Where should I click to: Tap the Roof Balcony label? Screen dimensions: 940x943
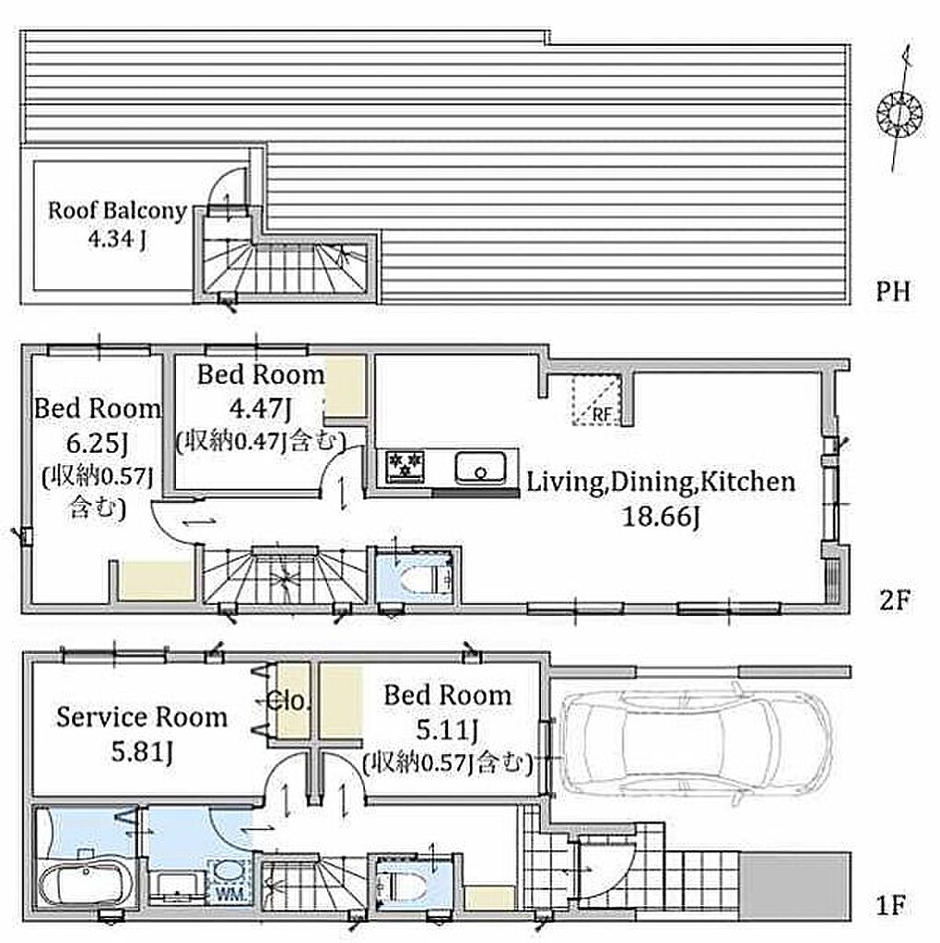click(x=117, y=211)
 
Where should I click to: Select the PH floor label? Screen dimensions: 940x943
click(x=892, y=292)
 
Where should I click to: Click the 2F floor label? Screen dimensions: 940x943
click(x=894, y=600)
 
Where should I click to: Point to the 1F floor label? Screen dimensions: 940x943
click(x=891, y=905)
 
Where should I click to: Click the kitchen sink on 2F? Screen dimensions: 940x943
click(x=480, y=468)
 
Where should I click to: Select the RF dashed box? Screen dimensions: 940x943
click(x=596, y=400)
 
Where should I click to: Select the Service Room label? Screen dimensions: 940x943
click(x=142, y=717)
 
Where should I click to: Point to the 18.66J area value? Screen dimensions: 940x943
click(x=661, y=517)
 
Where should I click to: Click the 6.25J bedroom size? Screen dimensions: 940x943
click(x=97, y=444)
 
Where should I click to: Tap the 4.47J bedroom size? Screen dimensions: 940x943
click(x=261, y=409)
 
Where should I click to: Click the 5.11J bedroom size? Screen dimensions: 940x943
click(x=448, y=730)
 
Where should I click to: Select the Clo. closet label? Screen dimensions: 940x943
click(x=288, y=701)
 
